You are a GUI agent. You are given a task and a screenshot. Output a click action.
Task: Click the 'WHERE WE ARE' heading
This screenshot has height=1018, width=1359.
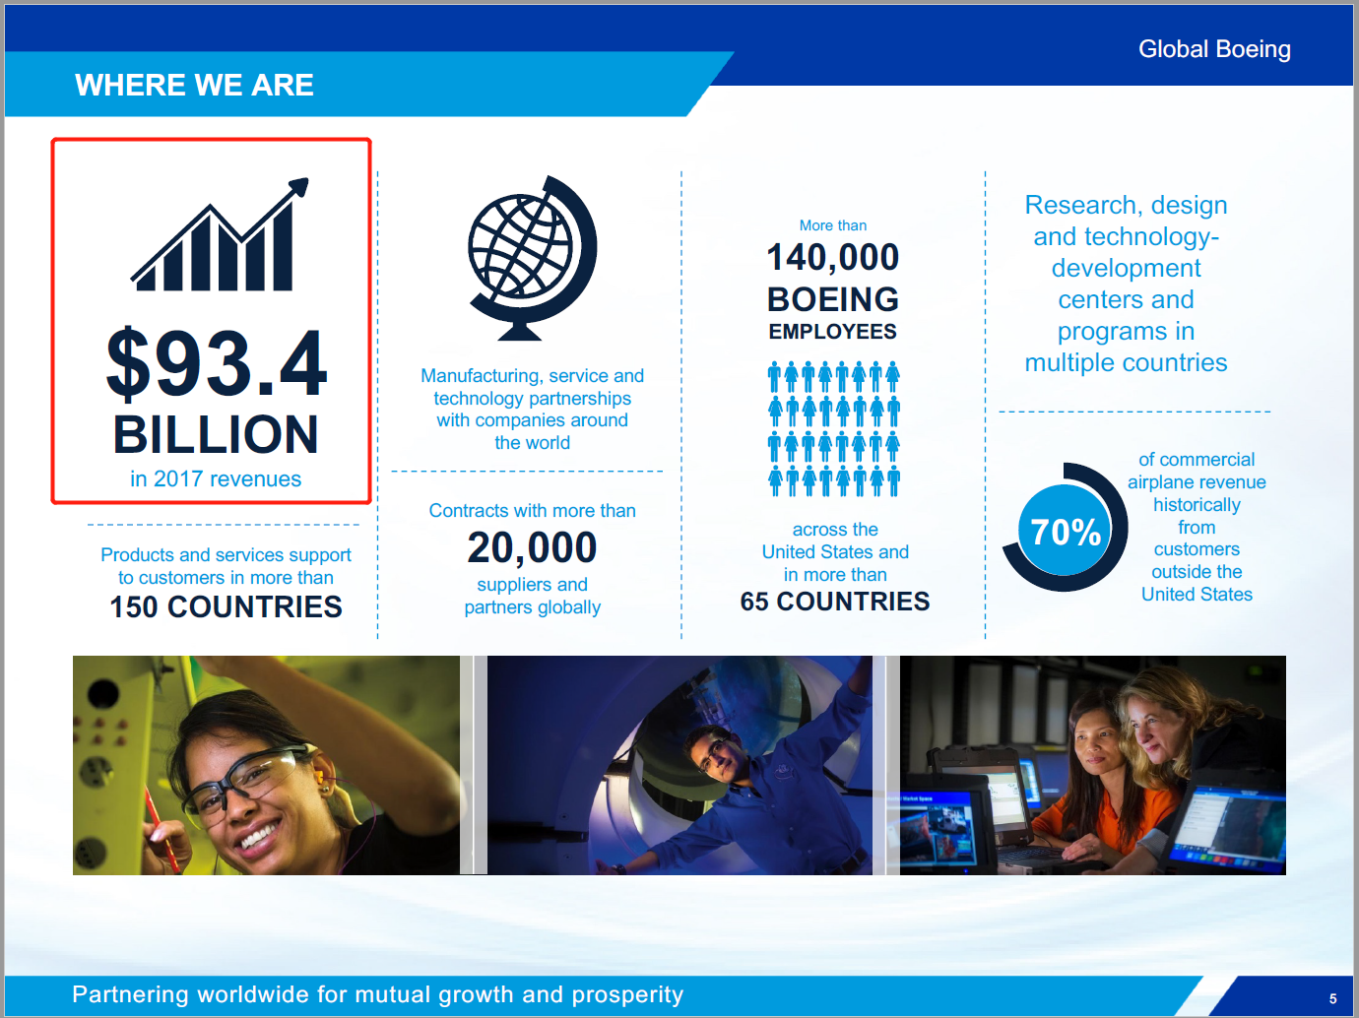[194, 85]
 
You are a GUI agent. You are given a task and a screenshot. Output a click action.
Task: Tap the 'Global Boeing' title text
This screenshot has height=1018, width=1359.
[1214, 49]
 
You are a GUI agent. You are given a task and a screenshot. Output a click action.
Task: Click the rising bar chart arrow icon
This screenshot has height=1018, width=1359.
[220, 234]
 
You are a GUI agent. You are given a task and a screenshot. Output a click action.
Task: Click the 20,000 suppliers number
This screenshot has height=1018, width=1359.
[532, 547]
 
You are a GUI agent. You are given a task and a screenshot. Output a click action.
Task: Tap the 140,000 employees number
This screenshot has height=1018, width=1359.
[833, 257]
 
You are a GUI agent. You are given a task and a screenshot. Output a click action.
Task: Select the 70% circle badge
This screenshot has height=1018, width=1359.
[1065, 528]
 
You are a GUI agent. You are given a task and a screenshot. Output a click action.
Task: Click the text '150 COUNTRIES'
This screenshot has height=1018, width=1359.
[226, 606]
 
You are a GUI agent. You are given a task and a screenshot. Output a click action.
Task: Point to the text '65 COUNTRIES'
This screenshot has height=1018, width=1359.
[834, 601]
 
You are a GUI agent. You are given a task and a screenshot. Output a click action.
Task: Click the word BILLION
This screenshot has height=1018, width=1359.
[216, 434]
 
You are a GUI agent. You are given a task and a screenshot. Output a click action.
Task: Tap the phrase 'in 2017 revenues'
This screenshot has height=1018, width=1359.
[216, 479]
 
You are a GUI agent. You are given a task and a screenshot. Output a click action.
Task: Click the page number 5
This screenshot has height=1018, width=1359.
[1333, 999]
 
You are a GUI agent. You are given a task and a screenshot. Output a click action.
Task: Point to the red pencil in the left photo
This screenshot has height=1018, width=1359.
[162, 826]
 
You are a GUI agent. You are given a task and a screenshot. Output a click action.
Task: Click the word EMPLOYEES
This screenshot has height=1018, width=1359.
[833, 332]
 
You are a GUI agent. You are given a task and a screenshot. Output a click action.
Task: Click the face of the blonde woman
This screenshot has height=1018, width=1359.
[1155, 730]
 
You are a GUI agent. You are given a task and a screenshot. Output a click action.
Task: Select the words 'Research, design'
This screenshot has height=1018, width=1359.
[1126, 205]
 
